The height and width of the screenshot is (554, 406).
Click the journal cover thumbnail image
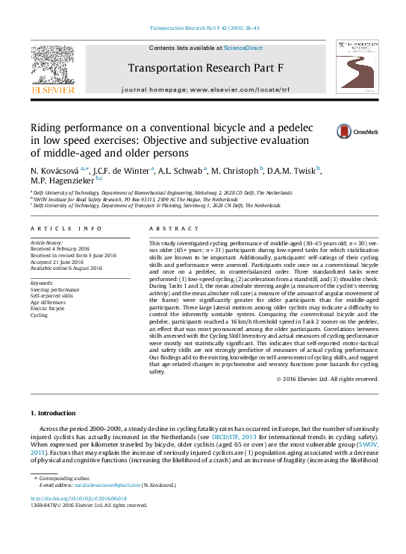click(357, 67)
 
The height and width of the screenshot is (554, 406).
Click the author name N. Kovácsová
click(54, 170)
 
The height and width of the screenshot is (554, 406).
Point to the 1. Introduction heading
click(53, 413)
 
